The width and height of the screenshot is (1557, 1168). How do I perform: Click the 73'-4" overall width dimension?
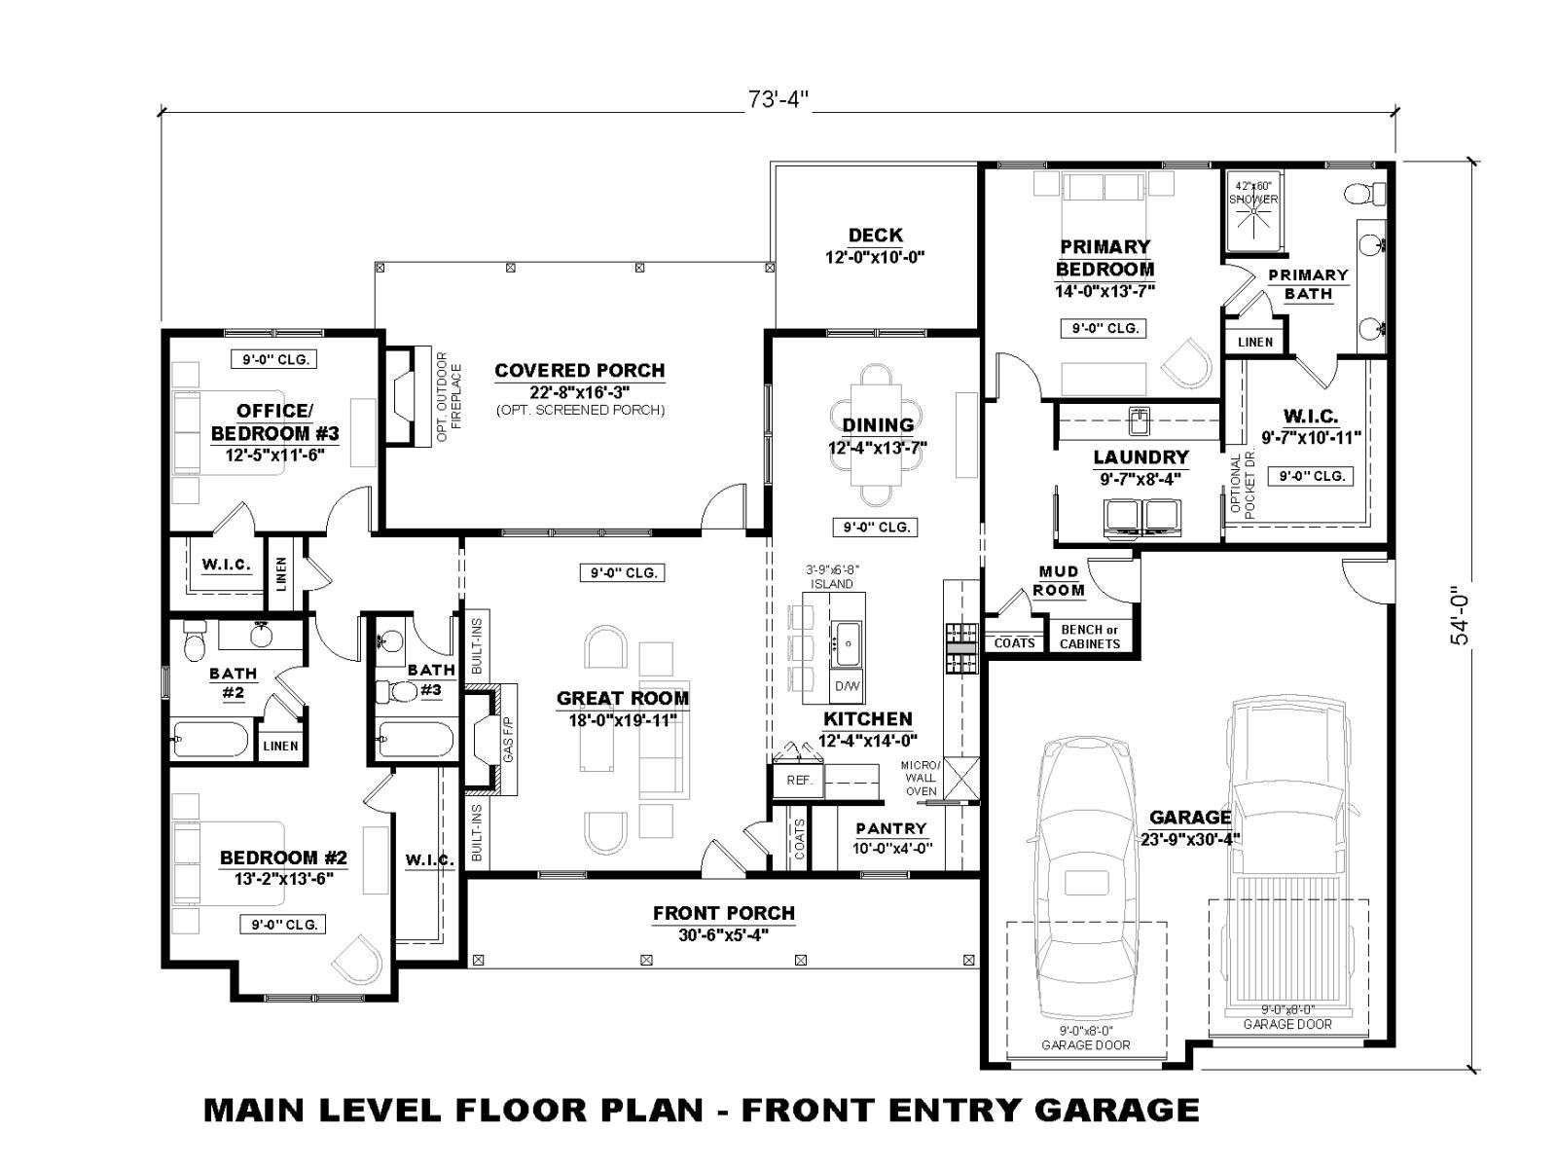[x=778, y=100]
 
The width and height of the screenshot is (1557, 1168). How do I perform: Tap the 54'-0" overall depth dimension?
[x=1461, y=614]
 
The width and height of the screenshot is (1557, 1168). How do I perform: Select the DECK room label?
[x=875, y=235]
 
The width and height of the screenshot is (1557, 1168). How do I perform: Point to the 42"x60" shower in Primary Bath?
[x=1253, y=209]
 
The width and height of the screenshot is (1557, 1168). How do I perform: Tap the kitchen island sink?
[x=847, y=643]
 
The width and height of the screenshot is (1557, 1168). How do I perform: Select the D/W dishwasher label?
[x=847, y=686]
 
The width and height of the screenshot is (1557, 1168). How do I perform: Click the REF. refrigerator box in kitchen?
[x=798, y=781]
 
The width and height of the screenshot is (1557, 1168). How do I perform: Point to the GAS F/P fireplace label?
[x=508, y=739]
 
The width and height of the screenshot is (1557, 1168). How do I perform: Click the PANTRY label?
[x=891, y=828]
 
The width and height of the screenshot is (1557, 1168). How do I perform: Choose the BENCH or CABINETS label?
[x=1090, y=637]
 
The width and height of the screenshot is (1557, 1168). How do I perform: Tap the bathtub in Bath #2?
[x=209, y=740]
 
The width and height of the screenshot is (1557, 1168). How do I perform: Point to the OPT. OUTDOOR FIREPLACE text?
[x=449, y=396]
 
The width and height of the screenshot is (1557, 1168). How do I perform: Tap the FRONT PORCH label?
[x=724, y=913]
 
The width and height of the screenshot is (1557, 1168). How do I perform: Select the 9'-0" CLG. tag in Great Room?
[x=623, y=572]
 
